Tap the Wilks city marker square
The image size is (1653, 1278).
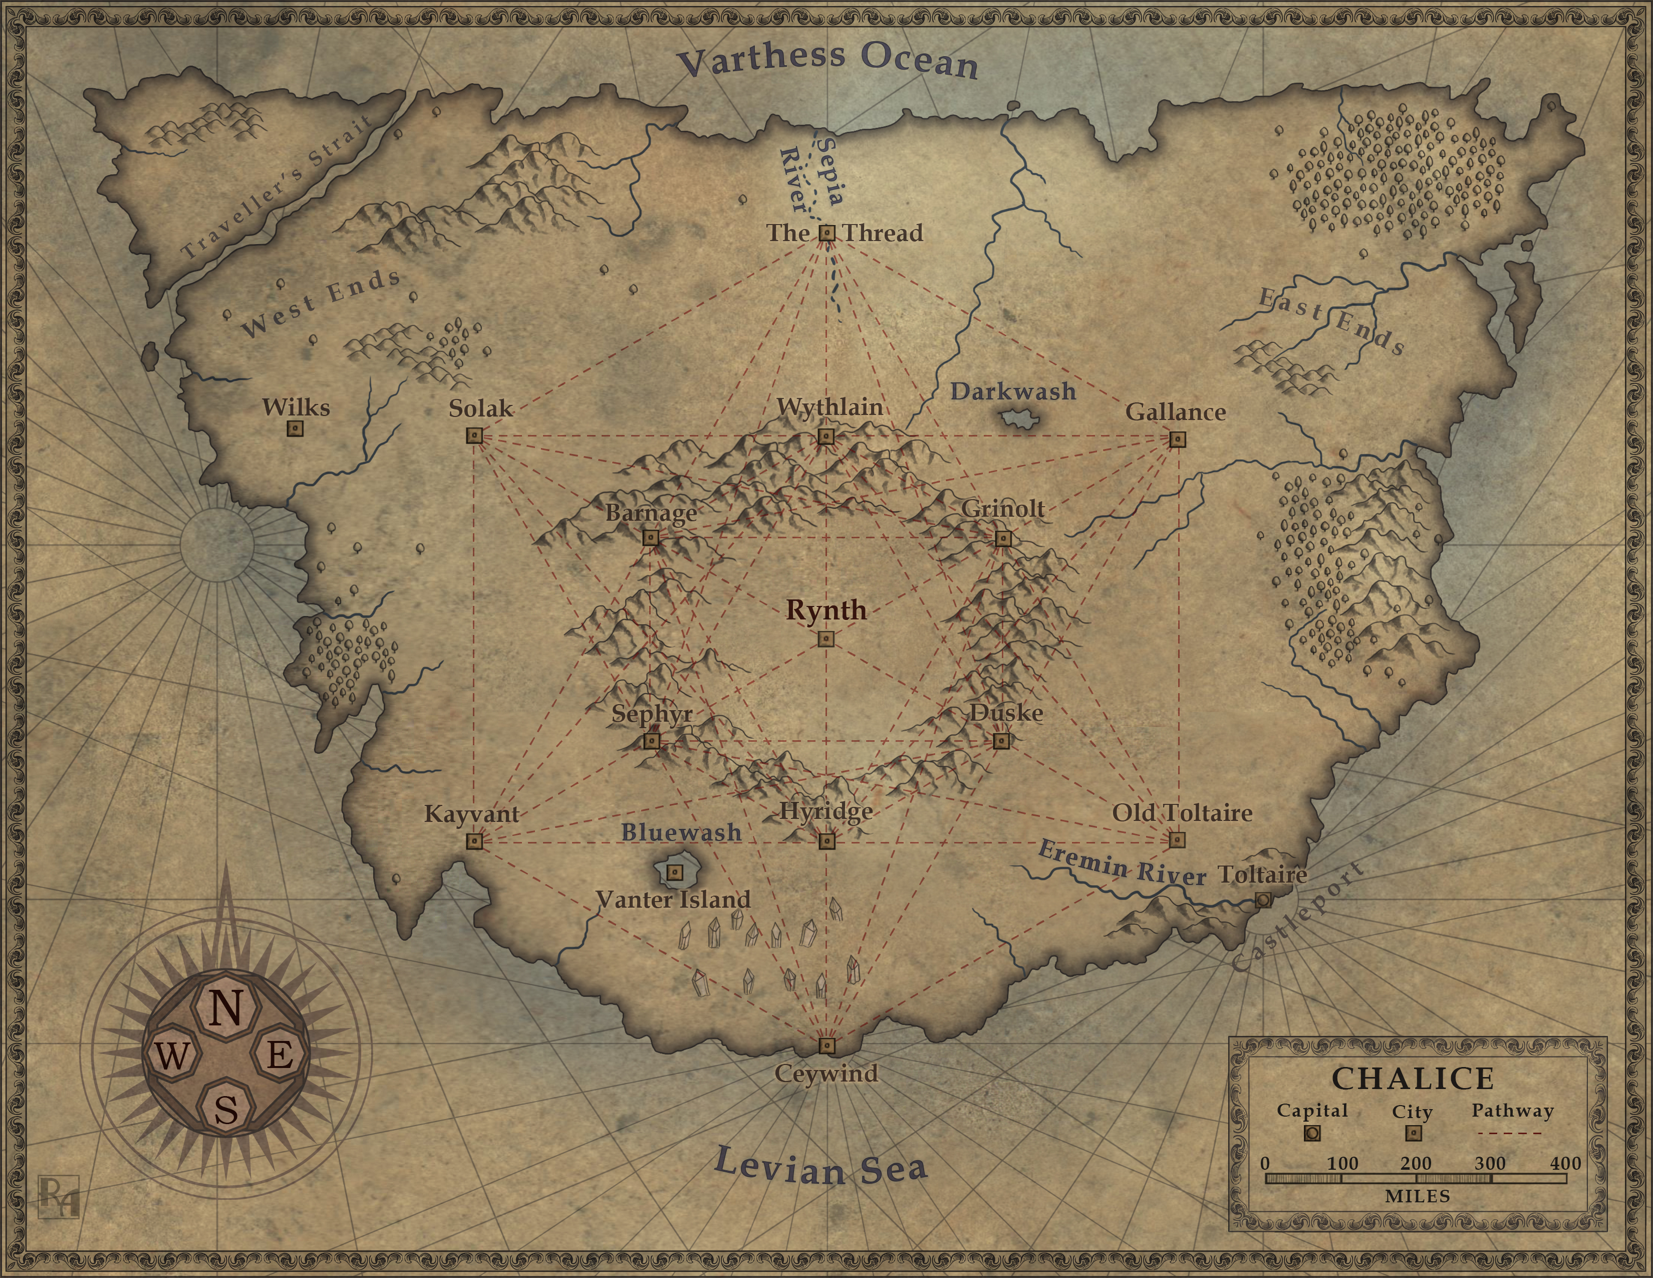295,429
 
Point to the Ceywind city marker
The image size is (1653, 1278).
826,1045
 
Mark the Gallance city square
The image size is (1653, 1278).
1177,439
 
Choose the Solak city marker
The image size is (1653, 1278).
474,436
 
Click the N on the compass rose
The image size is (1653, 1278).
225,1008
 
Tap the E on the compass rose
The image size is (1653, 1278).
280,1053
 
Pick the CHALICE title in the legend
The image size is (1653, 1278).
1413,1078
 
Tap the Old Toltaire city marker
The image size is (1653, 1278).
1176,839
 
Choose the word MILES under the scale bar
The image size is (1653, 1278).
1417,1196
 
